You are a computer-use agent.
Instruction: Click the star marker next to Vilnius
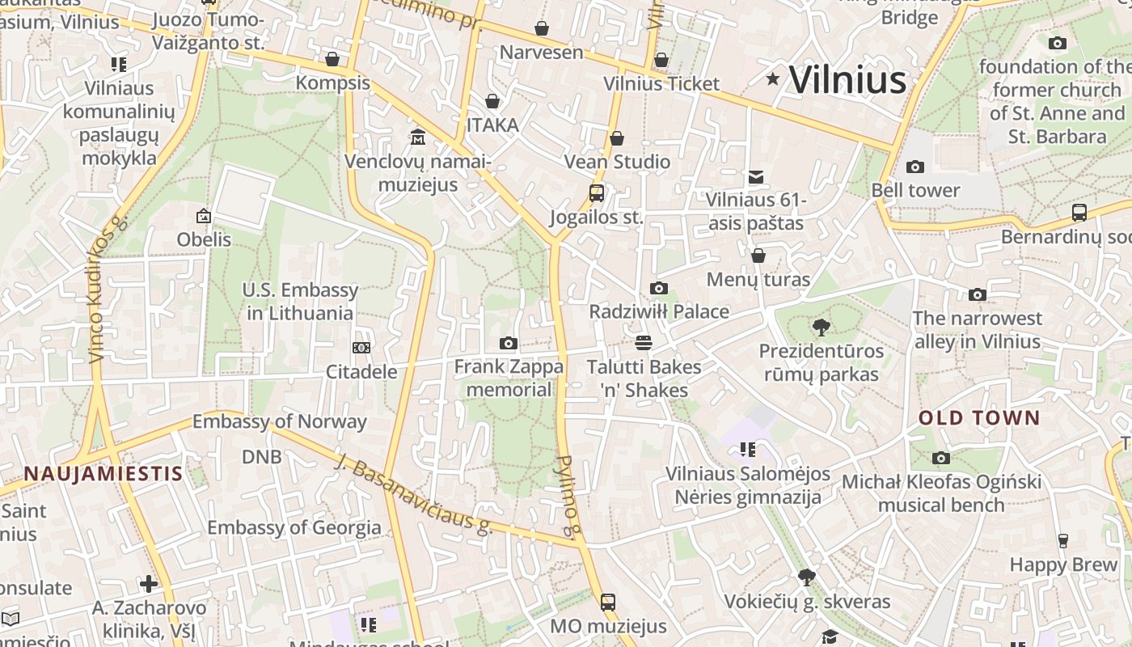point(773,78)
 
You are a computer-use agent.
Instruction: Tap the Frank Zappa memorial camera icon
point(508,344)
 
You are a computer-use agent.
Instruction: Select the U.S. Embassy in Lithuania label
point(300,302)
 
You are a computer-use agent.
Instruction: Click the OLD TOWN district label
point(979,418)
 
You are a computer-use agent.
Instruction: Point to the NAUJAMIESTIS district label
point(103,474)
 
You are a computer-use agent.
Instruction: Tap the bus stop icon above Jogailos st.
point(597,193)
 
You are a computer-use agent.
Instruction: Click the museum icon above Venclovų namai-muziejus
point(418,137)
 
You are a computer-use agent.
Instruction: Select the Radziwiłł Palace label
point(659,311)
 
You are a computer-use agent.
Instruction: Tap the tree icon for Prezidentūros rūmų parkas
point(822,328)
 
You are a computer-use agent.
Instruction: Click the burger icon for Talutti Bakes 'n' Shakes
point(644,343)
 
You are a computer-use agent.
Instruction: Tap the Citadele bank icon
point(361,347)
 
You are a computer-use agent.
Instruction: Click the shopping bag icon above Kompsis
point(332,59)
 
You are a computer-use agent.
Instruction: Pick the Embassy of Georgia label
point(294,528)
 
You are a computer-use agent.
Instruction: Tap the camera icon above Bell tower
point(915,167)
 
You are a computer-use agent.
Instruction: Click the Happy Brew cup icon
point(1063,540)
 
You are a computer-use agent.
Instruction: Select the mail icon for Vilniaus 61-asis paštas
point(756,176)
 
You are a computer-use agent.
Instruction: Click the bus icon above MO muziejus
point(608,602)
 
